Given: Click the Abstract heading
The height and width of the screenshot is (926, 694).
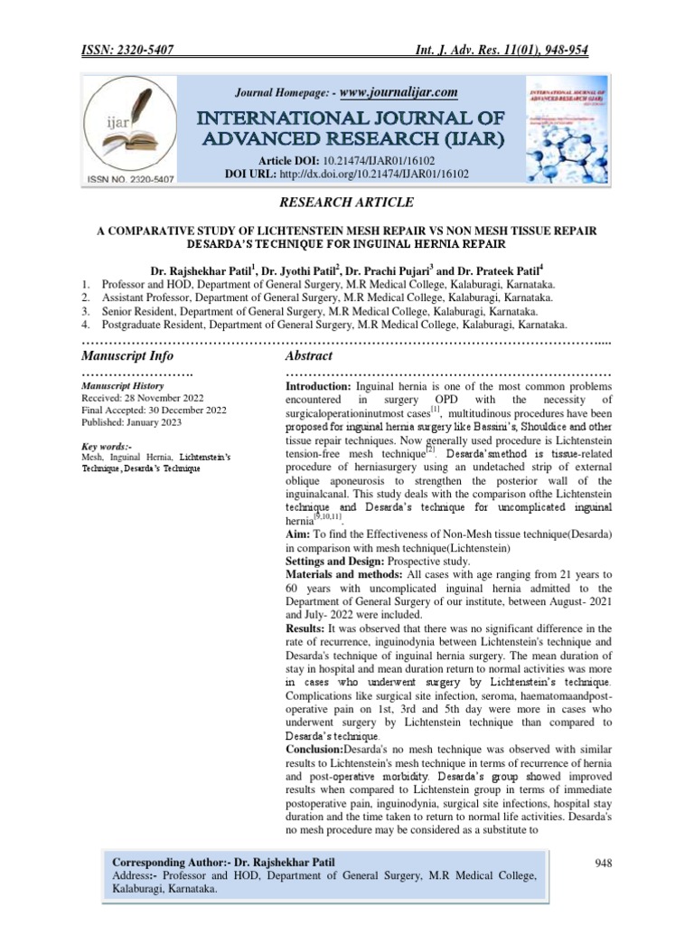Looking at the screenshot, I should [x=309, y=356].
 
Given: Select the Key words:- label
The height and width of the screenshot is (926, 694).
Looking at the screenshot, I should [x=107, y=447].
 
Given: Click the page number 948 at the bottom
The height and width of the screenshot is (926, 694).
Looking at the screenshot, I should [x=604, y=863].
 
